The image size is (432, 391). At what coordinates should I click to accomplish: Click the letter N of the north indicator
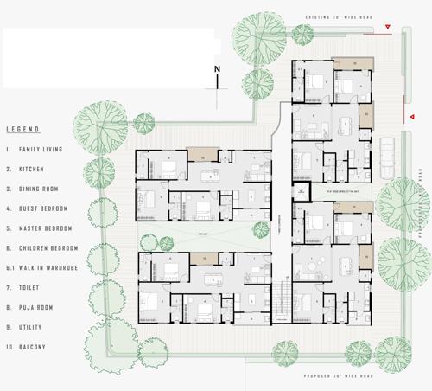click(x=218, y=68)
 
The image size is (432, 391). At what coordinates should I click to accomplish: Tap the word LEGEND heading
click(x=23, y=130)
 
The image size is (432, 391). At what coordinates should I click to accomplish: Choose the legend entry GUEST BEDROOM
click(x=44, y=208)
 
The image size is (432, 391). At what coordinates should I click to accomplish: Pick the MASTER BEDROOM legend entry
click(x=46, y=228)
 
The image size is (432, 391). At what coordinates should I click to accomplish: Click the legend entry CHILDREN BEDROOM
click(x=49, y=248)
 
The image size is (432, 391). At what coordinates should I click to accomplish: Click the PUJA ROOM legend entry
click(x=35, y=307)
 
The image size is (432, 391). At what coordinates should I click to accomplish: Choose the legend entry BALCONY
click(x=32, y=348)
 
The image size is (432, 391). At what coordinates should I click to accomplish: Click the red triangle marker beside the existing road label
click(x=388, y=29)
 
